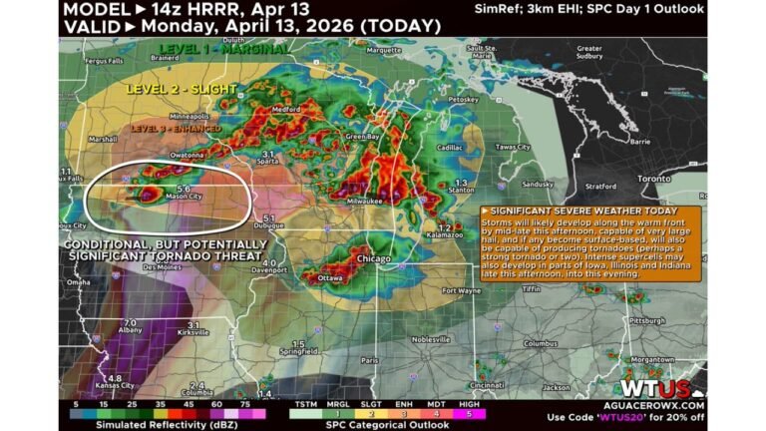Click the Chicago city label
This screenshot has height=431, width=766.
click(x=373, y=259)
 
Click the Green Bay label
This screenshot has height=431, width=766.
click(x=360, y=136)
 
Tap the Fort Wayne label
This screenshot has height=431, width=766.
click(x=462, y=290)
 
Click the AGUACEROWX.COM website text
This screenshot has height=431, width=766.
click(x=660, y=405)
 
